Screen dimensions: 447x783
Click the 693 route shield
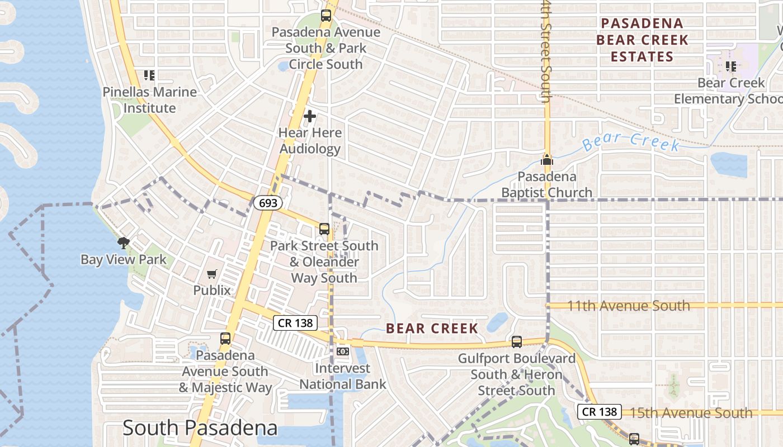[x=268, y=203]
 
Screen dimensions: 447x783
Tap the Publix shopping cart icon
[x=212, y=274]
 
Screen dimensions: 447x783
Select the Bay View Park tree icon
[x=123, y=242]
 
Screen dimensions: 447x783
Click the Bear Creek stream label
[x=631, y=142]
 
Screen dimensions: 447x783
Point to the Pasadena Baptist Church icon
[x=546, y=160]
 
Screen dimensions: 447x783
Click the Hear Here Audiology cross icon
[x=310, y=116]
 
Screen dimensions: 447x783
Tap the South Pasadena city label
[x=200, y=428]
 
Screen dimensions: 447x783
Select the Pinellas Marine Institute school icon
[x=149, y=75]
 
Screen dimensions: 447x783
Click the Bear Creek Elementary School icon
[x=730, y=66]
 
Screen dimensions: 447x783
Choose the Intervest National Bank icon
[x=343, y=351]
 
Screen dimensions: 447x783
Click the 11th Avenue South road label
[x=629, y=306]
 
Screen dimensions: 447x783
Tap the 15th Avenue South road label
[x=691, y=413]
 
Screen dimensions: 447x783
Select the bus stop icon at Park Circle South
[x=326, y=16]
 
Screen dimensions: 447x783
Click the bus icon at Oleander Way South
[x=324, y=229]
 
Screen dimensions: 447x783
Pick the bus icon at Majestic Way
[x=225, y=338]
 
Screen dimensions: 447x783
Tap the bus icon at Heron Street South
[x=517, y=341]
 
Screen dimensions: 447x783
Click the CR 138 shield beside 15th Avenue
[x=600, y=412]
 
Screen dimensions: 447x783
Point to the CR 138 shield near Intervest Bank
[x=295, y=322]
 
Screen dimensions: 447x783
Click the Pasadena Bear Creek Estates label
[x=642, y=40]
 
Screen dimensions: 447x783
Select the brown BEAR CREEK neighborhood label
[x=432, y=328]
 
